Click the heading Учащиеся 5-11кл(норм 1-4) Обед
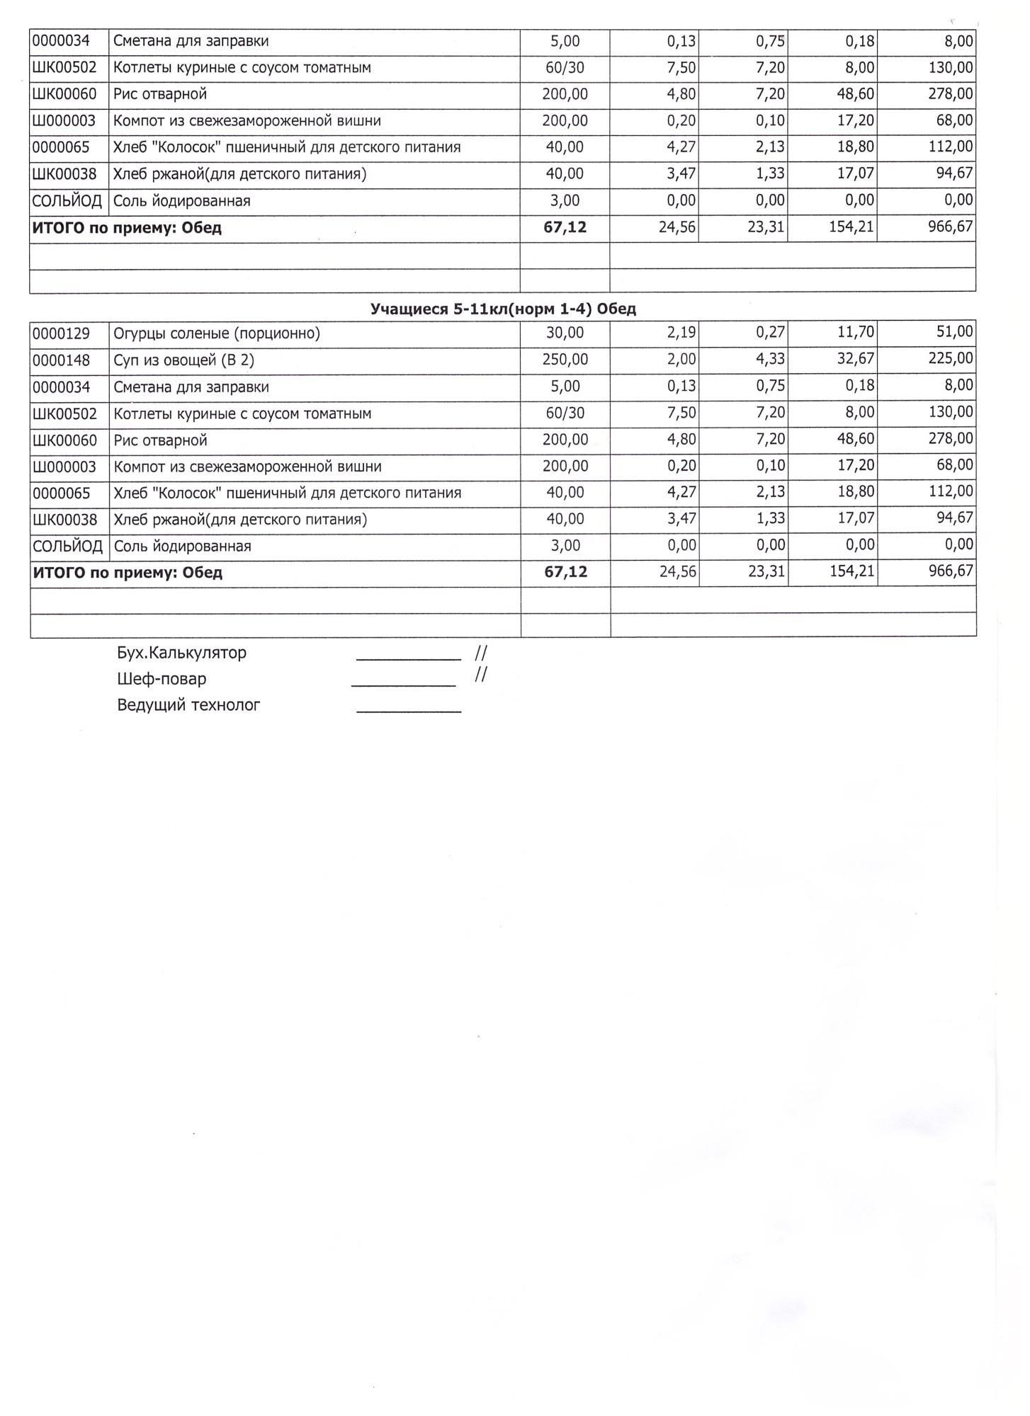(x=503, y=309)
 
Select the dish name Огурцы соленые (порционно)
(x=217, y=333)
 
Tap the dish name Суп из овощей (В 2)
(x=183, y=360)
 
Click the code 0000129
(x=62, y=333)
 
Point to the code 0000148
(x=62, y=360)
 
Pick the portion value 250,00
(x=565, y=360)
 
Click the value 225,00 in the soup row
(x=951, y=358)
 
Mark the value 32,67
(x=856, y=358)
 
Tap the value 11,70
(x=856, y=331)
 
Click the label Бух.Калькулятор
(x=182, y=653)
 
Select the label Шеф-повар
(x=162, y=679)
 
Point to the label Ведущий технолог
(x=188, y=705)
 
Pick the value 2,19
(x=681, y=332)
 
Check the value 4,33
(x=770, y=359)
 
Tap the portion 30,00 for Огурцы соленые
(x=565, y=333)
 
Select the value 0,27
(x=770, y=332)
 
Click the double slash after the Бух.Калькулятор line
(x=481, y=653)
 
